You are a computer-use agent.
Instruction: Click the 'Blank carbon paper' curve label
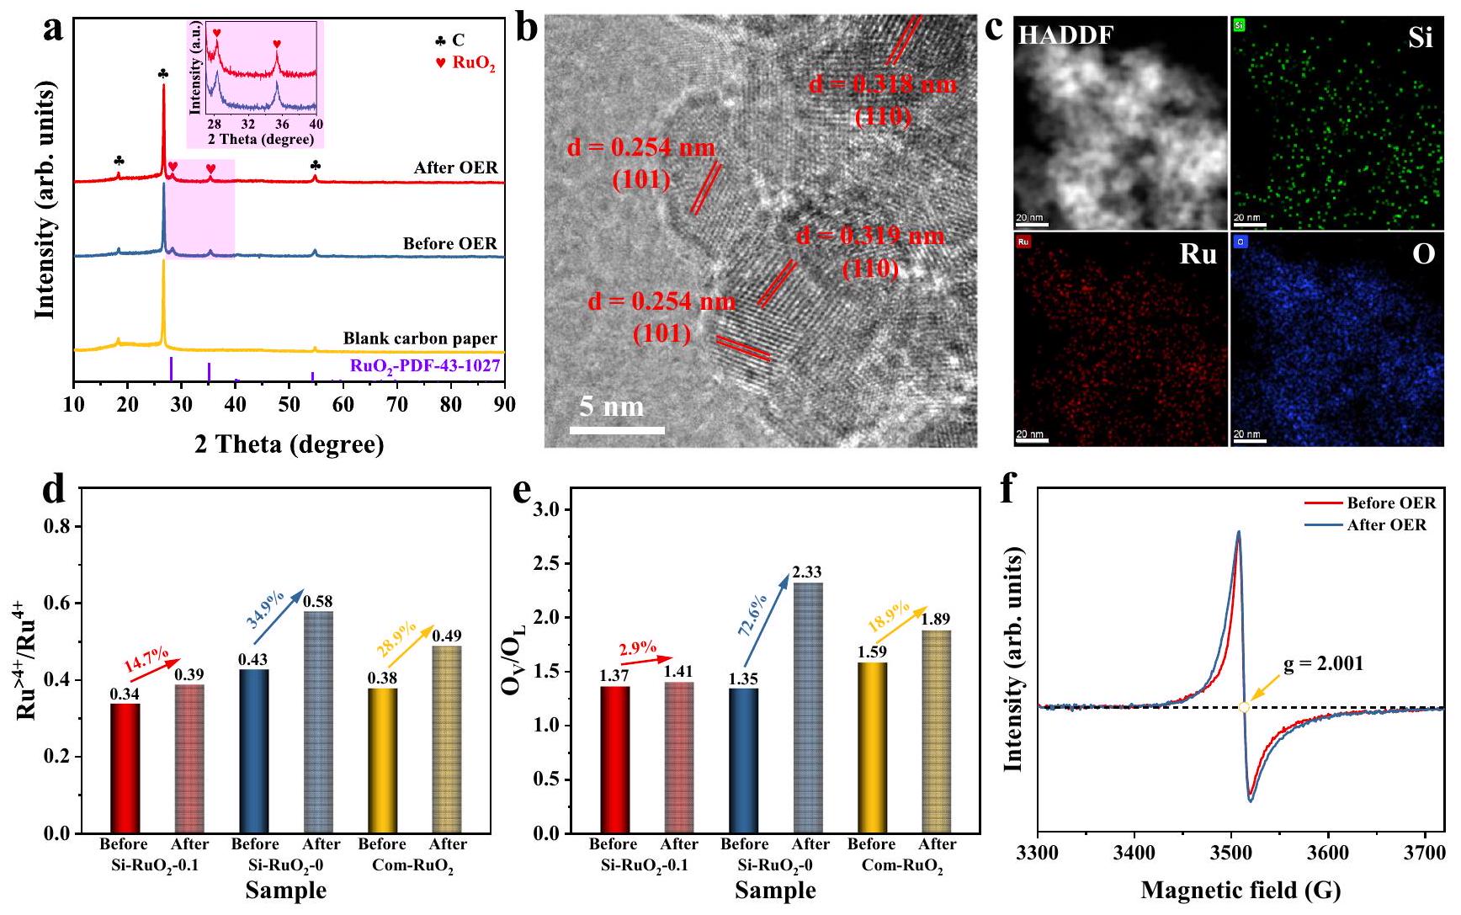click(420, 338)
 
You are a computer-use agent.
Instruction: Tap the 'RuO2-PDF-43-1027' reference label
click(425, 365)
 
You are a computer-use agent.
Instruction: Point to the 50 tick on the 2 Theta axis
click(289, 405)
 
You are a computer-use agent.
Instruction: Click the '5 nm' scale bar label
click(611, 407)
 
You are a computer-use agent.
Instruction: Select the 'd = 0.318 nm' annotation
click(883, 84)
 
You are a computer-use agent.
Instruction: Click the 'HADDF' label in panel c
click(1065, 36)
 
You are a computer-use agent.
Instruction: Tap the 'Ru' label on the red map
click(1198, 253)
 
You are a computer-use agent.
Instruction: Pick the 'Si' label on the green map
click(1421, 38)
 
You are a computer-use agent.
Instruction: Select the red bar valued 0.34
click(125, 768)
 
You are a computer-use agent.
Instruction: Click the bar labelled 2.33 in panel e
click(807, 707)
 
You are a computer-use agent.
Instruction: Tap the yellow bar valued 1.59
click(872, 747)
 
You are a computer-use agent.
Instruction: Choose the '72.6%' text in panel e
click(752, 614)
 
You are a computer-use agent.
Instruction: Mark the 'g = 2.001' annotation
click(1323, 663)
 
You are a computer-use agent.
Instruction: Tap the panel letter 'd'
click(54, 489)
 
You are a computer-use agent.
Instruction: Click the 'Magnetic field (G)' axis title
click(1241, 890)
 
